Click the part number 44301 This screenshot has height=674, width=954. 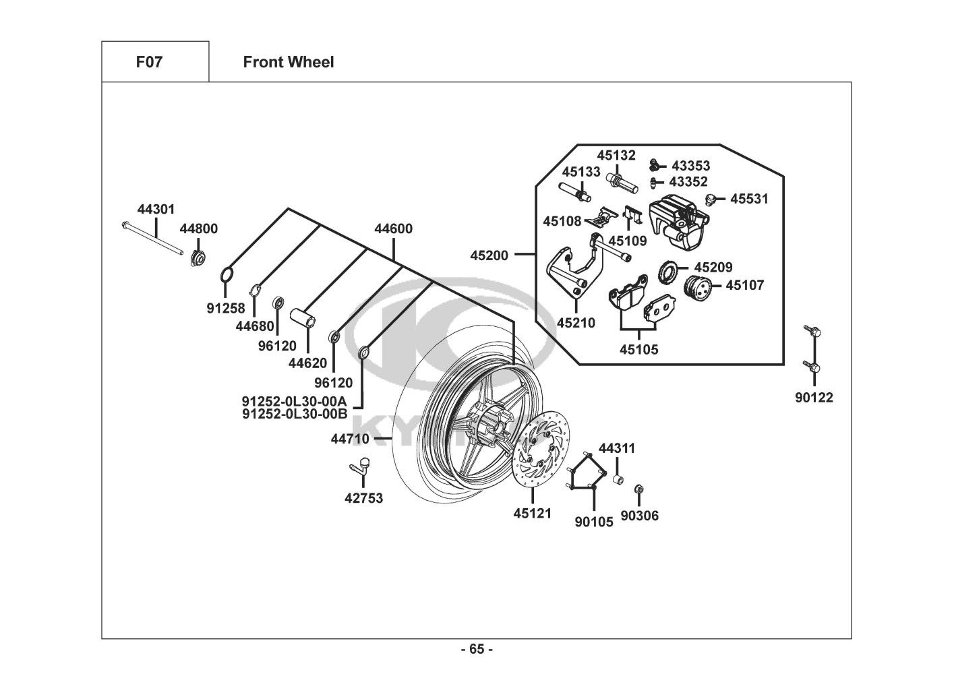click(x=156, y=210)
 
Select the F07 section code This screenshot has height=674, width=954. click(x=150, y=62)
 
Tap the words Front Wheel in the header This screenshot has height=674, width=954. click(x=288, y=62)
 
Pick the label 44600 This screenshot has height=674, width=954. click(x=393, y=229)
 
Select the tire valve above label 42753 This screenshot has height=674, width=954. click(x=361, y=464)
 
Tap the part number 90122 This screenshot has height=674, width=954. click(x=814, y=398)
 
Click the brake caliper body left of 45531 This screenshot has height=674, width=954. click(x=677, y=212)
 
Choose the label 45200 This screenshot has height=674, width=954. click(x=489, y=255)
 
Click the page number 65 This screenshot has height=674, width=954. click(x=477, y=650)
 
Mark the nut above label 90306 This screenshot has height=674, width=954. click(x=639, y=488)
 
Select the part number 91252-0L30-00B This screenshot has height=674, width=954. click(x=295, y=414)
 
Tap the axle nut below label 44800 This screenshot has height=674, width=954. click(x=198, y=257)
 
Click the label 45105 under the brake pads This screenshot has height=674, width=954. click(x=639, y=349)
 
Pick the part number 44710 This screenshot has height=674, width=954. click(x=349, y=439)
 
